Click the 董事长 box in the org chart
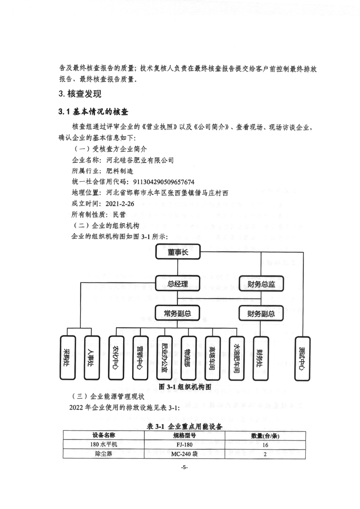point(178,252)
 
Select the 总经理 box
point(178,283)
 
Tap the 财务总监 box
point(261,284)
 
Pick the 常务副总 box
point(177,314)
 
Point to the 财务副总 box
point(261,314)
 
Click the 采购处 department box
point(67,358)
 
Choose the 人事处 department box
point(92,358)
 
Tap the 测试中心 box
point(302,359)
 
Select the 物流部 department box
point(188,358)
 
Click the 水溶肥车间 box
point(237,358)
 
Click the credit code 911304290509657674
point(163,182)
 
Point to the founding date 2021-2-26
point(120,204)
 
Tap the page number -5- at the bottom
point(184,468)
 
